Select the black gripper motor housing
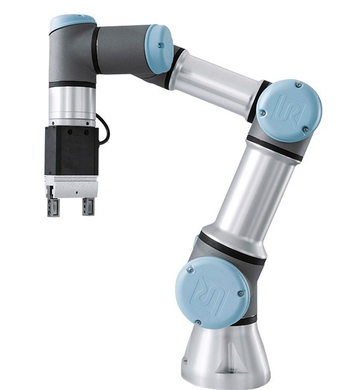[71, 150]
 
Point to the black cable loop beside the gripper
[104, 128]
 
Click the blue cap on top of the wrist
[72, 23]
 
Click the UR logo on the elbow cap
[290, 111]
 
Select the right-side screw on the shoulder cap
[241, 293]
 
